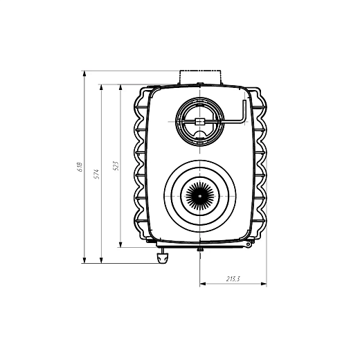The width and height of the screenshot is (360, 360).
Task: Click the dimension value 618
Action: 80,167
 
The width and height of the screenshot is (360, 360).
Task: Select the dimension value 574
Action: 96,174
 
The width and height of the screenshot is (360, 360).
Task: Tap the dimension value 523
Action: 116,166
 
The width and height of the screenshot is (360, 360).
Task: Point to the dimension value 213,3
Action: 233,279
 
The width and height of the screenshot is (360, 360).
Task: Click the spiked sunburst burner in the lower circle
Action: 200,196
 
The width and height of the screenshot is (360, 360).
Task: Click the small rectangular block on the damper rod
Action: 200,122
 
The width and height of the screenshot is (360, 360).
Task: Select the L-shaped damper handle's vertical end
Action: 244,111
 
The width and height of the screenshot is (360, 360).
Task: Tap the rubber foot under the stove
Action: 163,258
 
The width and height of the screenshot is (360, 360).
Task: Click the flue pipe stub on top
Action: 200,77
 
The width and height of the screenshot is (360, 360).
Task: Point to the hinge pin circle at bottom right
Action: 248,244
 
